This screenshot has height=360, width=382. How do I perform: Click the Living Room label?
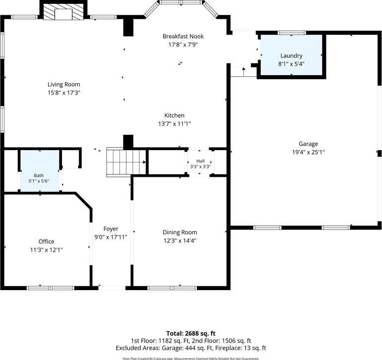click(x=63, y=85)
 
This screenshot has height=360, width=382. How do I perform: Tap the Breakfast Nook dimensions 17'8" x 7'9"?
click(x=183, y=45)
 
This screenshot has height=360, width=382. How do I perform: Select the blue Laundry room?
click(x=291, y=55)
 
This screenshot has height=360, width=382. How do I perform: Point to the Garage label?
click(x=308, y=144)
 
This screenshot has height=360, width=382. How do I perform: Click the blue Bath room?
click(x=40, y=171)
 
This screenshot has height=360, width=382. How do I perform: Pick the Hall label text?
click(x=200, y=161)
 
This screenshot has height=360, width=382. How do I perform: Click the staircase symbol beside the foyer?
click(x=126, y=162)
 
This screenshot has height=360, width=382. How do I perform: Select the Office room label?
click(x=46, y=242)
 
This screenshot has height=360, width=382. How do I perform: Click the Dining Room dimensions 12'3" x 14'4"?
click(x=180, y=241)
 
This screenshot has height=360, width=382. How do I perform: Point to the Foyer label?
click(x=110, y=229)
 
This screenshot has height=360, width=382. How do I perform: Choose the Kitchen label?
click(x=174, y=115)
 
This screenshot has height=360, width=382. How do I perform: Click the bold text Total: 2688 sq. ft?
click(x=191, y=333)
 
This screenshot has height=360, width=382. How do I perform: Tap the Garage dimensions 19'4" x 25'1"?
click(x=309, y=153)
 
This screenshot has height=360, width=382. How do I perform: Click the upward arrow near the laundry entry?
click(x=244, y=72)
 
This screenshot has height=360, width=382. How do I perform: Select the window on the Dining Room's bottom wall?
click(x=172, y=288)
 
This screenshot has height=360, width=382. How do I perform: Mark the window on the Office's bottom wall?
click(x=51, y=288)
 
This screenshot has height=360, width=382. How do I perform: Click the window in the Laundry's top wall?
click(x=292, y=33)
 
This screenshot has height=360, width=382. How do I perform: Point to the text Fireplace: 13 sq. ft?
click(x=240, y=348)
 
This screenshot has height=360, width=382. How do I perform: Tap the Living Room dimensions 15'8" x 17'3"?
click(x=64, y=93)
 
